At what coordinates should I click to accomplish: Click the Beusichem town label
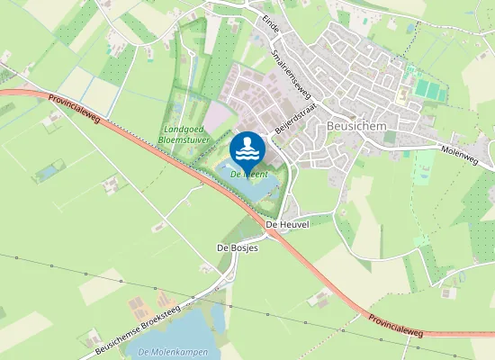pyautogui.click(x=356, y=127)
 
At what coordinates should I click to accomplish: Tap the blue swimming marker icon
pyautogui.click(x=247, y=148)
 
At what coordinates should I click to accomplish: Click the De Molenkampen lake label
pyautogui.click(x=168, y=351)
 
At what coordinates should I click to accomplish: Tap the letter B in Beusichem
pyautogui.click(x=333, y=127)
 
